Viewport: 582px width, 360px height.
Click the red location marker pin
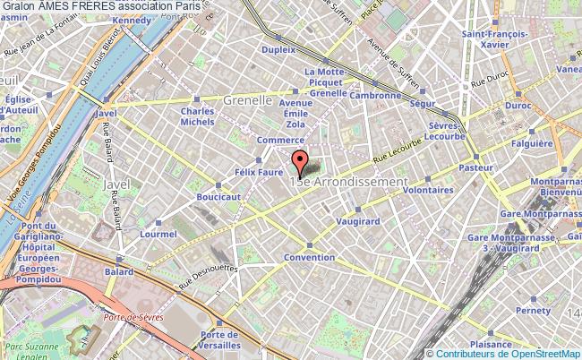pyautogui.click(x=300, y=163)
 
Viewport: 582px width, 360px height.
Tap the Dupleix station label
pyautogui.click(x=278, y=50)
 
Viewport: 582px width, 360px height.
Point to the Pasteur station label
pyautogui.click(x=475, y=167)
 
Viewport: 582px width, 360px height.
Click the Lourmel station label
pyautogui.click(x=158, y=234)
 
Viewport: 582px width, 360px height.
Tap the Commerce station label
pyautogui.click(x=280, y=141)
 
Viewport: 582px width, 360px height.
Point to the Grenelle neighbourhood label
pyautogui.click(x=248, y=100)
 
